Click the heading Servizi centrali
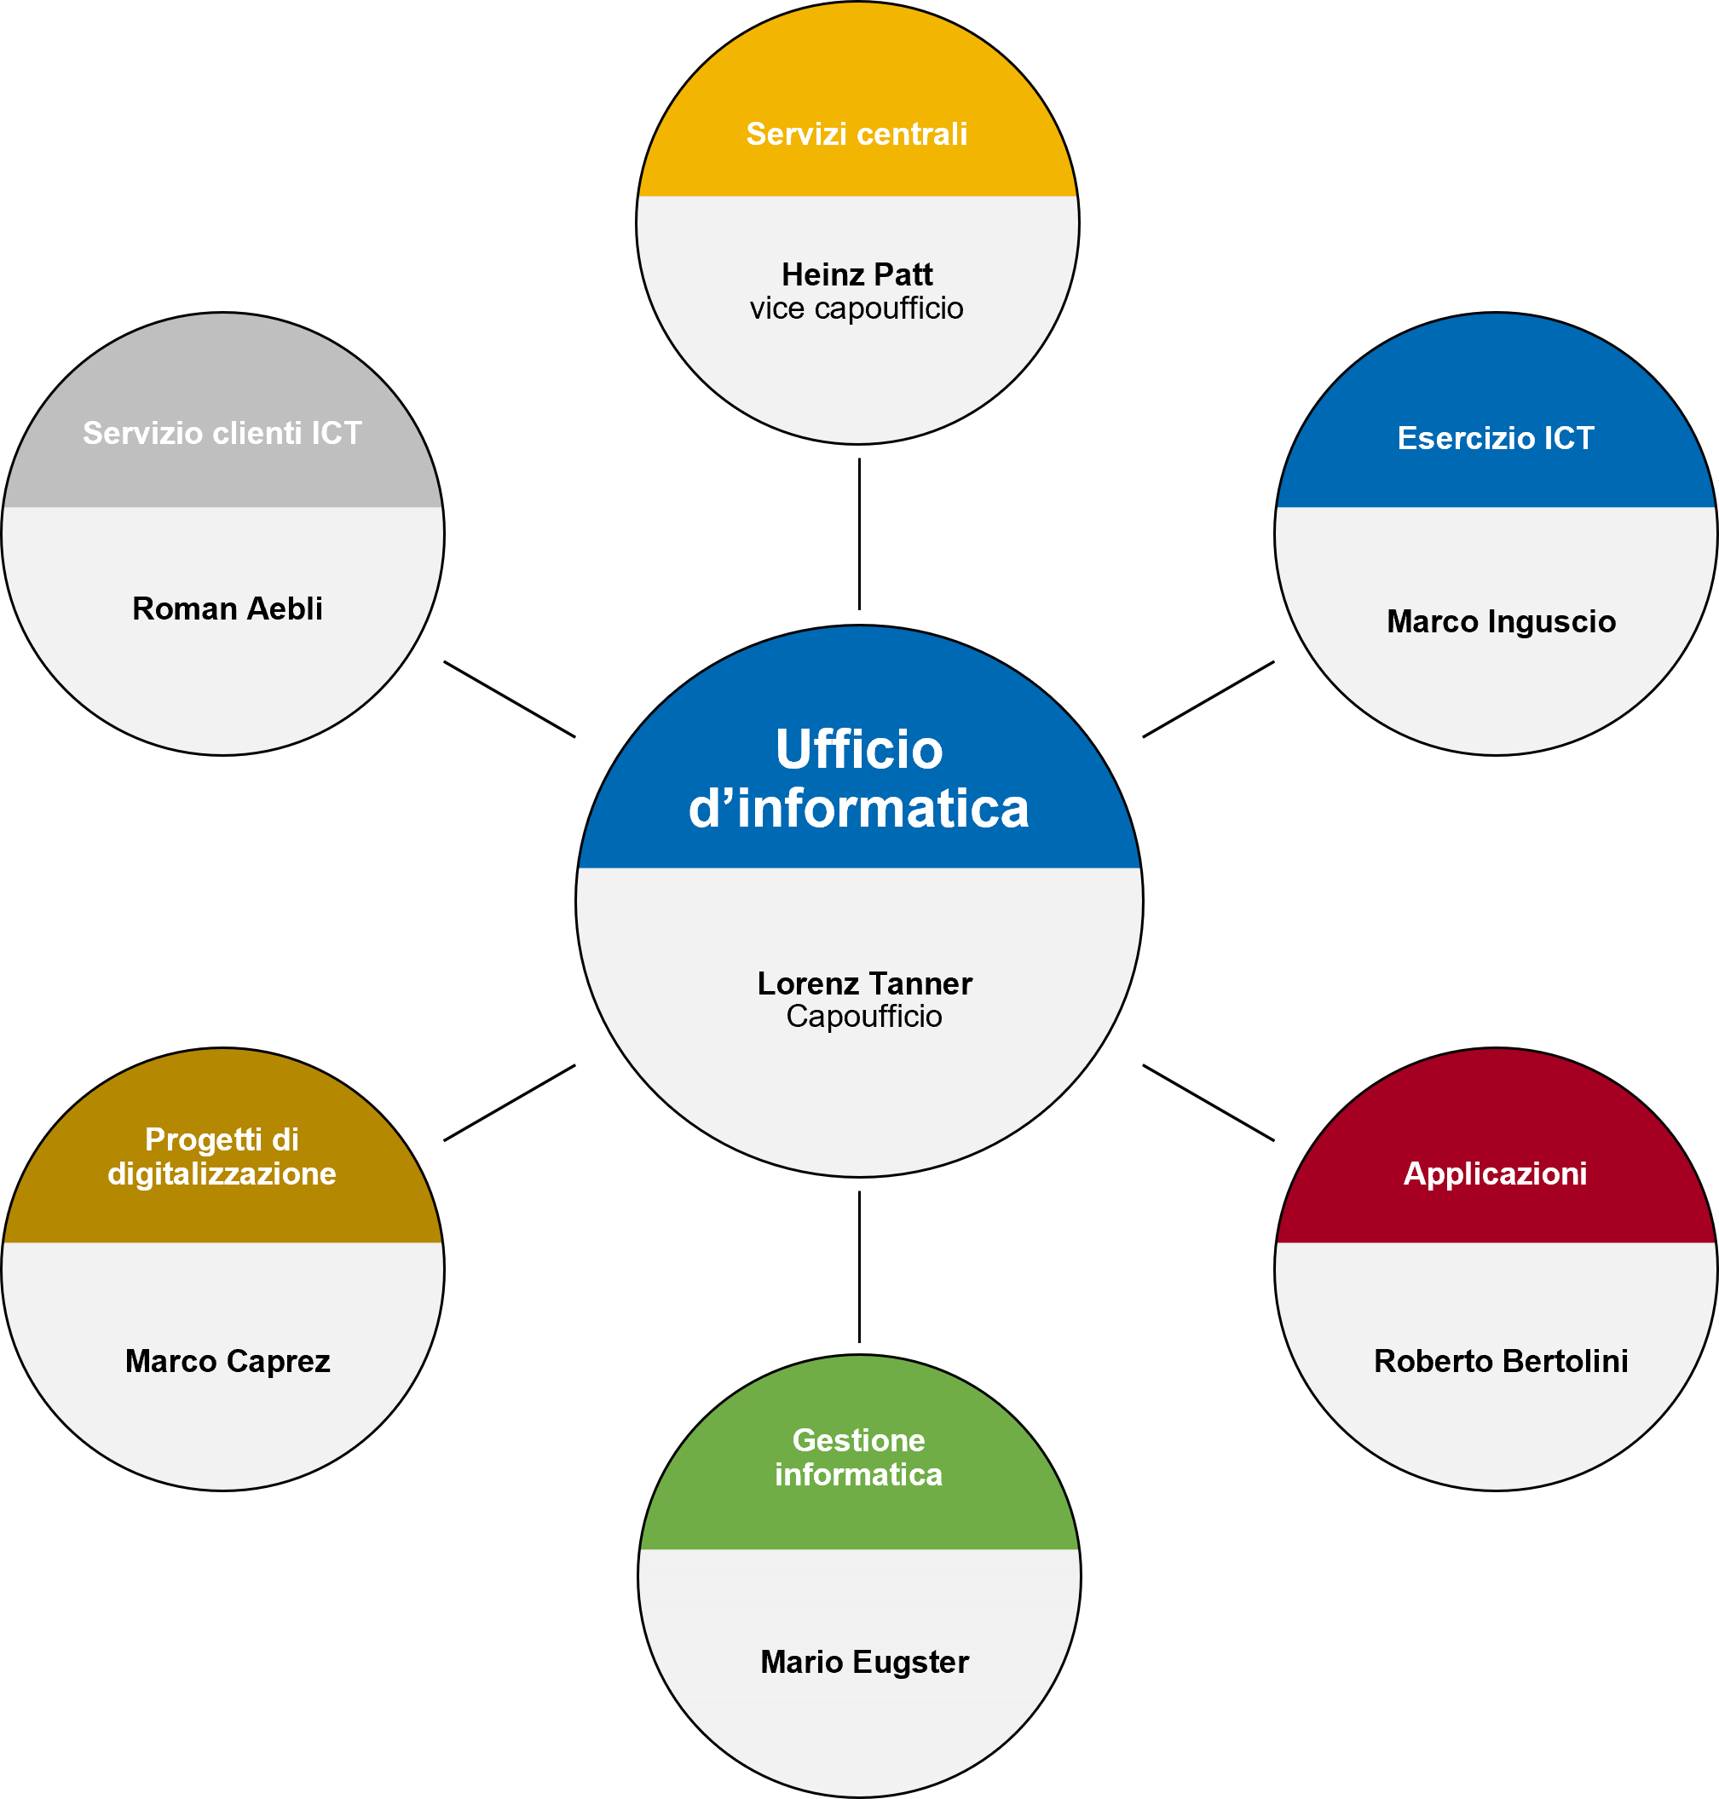pyautogui.click(x=857, y=134)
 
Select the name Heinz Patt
pyautogui.click(x=857, y=274)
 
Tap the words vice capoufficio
pyautogui.click(x=857, y=308)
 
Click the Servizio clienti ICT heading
pyautogui.click(x=222, y=433)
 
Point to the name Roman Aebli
pyautogui.click(x=228, y=608)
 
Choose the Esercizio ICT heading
pyautogui.click(x=1496, y=438)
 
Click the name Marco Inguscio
pyautogui.click(x=1501, y=621)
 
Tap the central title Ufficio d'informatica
pyautogui.click(x=859, y=779)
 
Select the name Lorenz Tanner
pyautogui.click(x=864, y=983)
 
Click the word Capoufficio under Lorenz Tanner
pyautogui.click(x=864, y=1017)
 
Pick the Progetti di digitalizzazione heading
pyautogui.click(x=222, y=1156)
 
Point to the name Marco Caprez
pyautogui.click(x=228, y=1361)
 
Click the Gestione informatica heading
pyautogui.click(x=858, y=1457)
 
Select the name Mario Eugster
pyautogui.click(x=864, y=1662)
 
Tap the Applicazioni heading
pyautogui.click(x=1496, y=1173)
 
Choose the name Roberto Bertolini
pyautogui.click(x=1501, y=1361)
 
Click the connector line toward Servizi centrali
pyautogui.click(x=859, y=534)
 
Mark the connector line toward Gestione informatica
pyautogui.click(x=859, y=1266)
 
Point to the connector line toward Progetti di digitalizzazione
pyautogui.click(x=510, y=1103)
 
